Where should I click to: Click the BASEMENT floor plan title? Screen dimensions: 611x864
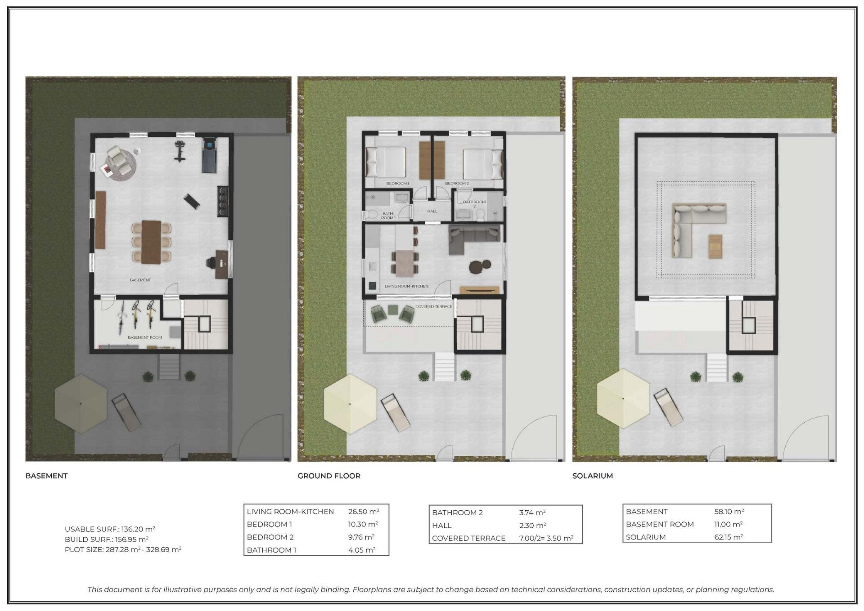[46, 476]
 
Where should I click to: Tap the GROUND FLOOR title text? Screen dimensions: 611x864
[329, 476]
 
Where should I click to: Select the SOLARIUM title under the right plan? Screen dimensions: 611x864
[592, 476]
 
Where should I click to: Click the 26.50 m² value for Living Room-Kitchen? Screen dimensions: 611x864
[364, 512]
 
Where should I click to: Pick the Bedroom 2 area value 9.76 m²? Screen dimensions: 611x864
[361, 537]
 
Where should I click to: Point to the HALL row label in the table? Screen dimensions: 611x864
[441, 526]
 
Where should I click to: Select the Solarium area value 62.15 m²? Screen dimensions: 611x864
[729, 537]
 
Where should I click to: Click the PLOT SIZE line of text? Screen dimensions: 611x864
[123, 549]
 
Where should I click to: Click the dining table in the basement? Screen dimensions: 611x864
[151, 242]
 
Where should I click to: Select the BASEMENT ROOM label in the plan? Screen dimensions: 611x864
[144, 337]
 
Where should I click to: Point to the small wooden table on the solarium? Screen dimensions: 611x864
[715, 246]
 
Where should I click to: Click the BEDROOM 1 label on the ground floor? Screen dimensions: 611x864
[397, 184]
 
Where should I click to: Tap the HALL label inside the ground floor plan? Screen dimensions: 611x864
[432, 211]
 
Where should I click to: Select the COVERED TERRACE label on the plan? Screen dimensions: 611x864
[433, 307]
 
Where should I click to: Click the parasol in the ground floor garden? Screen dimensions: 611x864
[350, 404]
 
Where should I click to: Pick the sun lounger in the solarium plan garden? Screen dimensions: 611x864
[668, 407]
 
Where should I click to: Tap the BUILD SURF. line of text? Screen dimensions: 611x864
[106, 539]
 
